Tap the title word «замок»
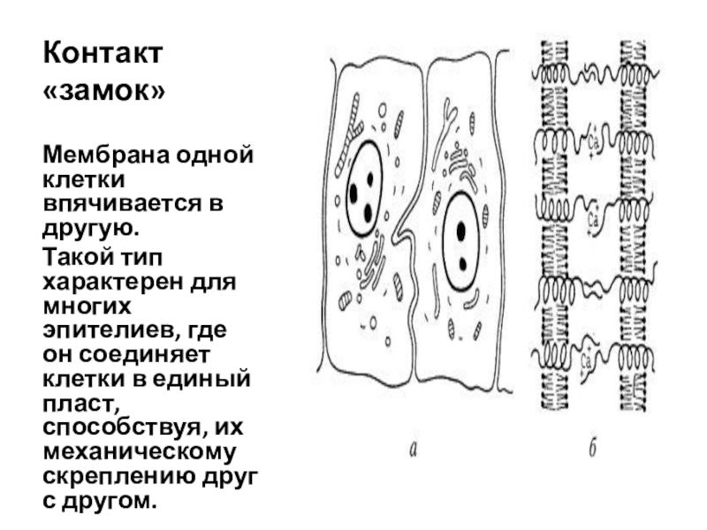(x=104, y=91)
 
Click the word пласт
(x=76, y=404)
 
